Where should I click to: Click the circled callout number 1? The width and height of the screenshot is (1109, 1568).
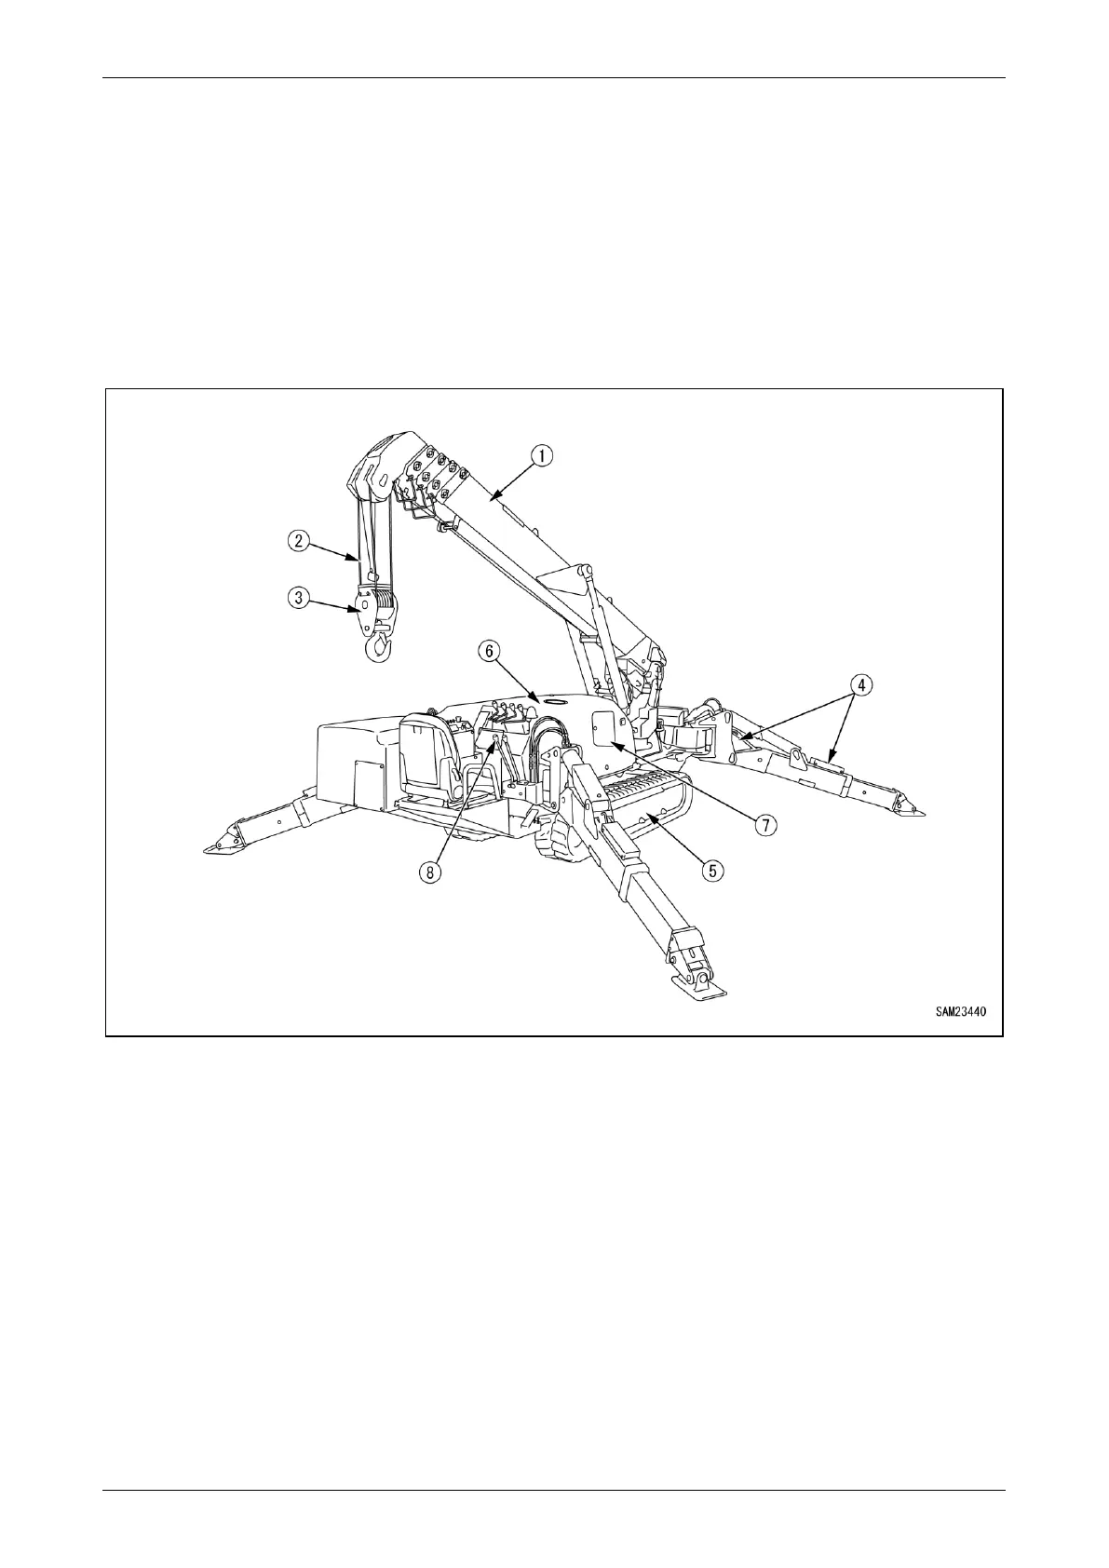pos(542,455)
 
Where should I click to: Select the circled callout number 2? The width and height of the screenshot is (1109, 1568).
pos(298,539)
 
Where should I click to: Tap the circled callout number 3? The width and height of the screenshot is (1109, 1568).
pos(298,598)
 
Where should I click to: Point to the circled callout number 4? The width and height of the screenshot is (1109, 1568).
pos(861,684)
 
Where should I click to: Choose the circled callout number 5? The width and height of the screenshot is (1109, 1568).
pos(712,870)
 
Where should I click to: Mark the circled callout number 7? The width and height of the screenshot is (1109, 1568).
pos(764,823)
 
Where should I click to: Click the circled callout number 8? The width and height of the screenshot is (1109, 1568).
pos(430,872)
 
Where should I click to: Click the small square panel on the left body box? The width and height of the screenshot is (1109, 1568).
pos(370,781)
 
